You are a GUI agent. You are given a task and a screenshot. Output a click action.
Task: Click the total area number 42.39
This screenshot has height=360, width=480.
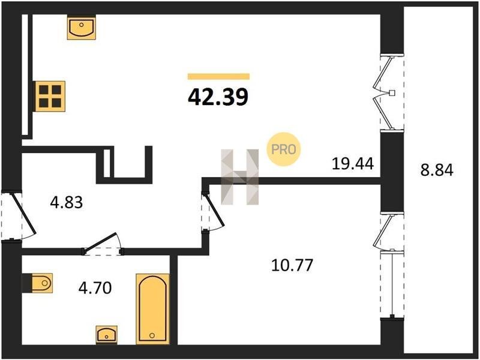218,97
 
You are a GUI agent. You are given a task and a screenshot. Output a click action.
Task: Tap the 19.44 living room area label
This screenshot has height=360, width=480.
353,163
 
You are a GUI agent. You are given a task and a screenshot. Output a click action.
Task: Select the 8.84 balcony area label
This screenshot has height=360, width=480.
437,170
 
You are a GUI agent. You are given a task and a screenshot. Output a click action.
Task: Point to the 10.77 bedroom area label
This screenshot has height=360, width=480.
292,265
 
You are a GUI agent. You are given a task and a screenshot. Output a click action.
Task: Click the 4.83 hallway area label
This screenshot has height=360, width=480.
67,202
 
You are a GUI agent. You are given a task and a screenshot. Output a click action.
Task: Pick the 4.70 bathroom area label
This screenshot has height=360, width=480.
95,288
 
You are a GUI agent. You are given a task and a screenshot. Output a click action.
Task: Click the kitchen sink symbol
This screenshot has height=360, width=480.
82,27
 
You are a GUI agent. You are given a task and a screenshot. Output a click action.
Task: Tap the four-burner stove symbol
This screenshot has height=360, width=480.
50,96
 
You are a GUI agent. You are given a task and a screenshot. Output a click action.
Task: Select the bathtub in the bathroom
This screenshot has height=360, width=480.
152,308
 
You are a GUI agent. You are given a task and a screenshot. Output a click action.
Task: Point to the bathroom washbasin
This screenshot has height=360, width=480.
107,335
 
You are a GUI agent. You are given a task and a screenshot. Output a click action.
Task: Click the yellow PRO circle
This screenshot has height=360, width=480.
284,149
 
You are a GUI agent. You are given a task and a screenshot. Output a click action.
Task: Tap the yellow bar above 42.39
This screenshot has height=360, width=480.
218,77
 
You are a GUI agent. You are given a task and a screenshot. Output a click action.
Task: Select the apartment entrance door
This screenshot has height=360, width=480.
19,216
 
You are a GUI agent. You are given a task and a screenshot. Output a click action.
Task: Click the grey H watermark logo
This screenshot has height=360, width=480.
239,177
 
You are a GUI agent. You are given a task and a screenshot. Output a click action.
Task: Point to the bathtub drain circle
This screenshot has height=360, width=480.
152,336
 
